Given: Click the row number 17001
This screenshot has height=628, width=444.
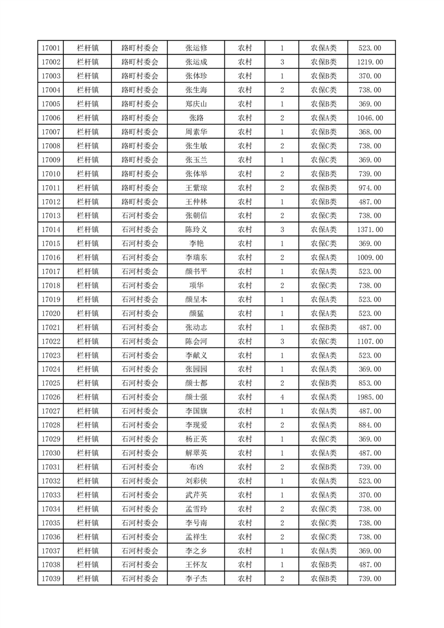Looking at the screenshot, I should pos(50,48).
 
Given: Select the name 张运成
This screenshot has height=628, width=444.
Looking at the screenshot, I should pos(196,62).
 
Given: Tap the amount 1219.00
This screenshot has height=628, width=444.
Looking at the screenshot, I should pos(370,62).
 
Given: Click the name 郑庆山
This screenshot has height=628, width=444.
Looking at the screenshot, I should pos(196,104).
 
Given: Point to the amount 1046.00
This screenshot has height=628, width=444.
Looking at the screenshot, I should pos(370,118).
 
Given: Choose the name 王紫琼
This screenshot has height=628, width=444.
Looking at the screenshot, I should pos(196,188).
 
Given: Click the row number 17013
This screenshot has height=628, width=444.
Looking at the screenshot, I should pos(50,215).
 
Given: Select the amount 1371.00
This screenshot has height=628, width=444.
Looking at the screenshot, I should pos(370,229).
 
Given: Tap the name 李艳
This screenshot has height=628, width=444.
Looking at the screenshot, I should pos(196,243).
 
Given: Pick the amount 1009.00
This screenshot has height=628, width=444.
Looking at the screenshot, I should pos(370,257).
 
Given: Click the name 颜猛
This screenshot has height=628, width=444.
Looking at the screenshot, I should pos(196,313).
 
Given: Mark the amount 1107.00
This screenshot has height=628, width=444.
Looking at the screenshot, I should pos(370,341).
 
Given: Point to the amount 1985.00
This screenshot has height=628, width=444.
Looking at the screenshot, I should pos(370,397).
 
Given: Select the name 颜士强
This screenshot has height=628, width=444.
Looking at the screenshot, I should pos(196,397).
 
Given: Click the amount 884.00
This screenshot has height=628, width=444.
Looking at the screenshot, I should pos(370,425).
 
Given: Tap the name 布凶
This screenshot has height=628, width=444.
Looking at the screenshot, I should pos(196,467).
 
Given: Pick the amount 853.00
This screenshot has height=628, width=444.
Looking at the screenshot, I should pos(370,383).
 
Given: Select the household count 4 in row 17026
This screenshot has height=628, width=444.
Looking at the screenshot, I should pos(282,397).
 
